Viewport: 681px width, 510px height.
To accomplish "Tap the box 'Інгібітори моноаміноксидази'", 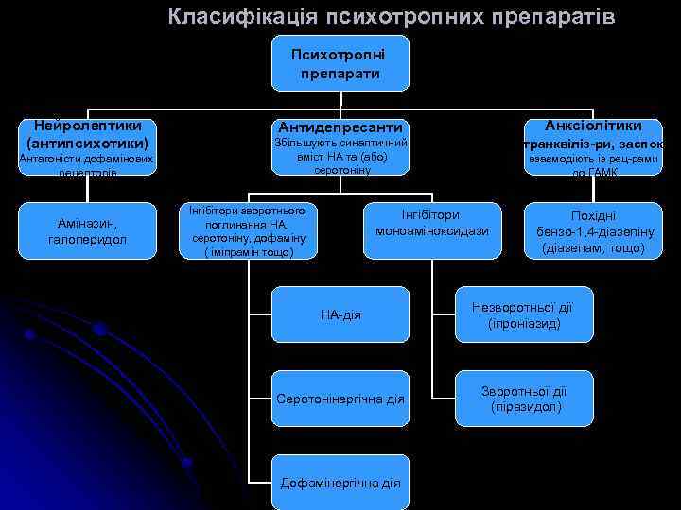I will [431, 223].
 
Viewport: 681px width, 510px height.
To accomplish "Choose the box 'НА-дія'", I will [340, 314].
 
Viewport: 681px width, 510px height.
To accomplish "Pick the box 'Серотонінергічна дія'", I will [340, 399].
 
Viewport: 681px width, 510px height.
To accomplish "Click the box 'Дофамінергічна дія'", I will [340, 483].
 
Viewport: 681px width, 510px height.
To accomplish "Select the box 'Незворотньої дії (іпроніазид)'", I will [523, 314].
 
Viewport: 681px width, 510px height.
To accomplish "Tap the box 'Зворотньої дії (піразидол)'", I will [523, 399].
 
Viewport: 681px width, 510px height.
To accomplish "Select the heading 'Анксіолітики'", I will [592, 126].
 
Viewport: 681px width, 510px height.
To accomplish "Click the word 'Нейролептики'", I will [87, 125].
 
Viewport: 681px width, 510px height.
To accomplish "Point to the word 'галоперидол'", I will [86, 241].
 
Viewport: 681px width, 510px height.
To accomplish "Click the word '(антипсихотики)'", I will [87, 143].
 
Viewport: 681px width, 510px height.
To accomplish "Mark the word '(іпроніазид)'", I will [523, 323].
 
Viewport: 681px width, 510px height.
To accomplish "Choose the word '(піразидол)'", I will [523, 407].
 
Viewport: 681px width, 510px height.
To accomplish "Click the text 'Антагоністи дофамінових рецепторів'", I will [86, 166].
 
